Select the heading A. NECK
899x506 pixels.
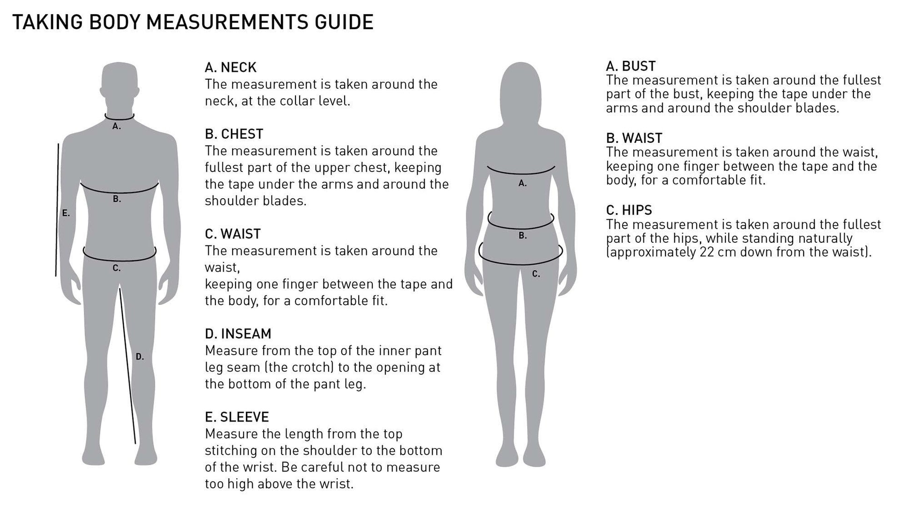230,67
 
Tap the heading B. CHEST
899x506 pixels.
234,134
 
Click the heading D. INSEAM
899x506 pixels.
238,334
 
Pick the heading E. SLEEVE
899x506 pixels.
236,417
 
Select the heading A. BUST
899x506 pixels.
630,66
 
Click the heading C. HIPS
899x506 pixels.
629,210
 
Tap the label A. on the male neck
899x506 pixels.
117,126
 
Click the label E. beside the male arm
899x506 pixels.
66,214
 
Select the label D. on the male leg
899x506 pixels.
140,357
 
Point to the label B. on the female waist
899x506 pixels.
523,236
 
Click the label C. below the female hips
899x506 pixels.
536,275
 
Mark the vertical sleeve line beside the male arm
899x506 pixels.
57,211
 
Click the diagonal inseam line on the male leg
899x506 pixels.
127,365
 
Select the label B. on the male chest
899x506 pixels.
117,200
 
